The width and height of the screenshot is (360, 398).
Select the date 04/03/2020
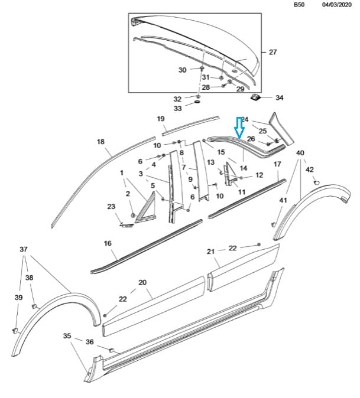pos(336,5)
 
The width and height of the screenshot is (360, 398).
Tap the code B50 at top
pos(300,5)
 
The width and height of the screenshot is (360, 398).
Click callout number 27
pos(273,53)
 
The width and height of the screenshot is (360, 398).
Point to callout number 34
pos(279,97)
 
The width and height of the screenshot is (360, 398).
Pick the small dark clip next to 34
pos(257,97)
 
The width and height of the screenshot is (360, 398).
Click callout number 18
pos(100,142)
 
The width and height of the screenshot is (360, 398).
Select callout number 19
pos(160,119)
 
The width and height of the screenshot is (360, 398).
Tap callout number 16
pos(108,243)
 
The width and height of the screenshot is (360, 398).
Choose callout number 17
pos(277,164)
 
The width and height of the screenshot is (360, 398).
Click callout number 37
pos(23,249)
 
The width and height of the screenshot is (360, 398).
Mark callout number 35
pos(68,335)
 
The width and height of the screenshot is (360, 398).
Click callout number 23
pos(111,207)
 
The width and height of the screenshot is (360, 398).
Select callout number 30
pos(182,70)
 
